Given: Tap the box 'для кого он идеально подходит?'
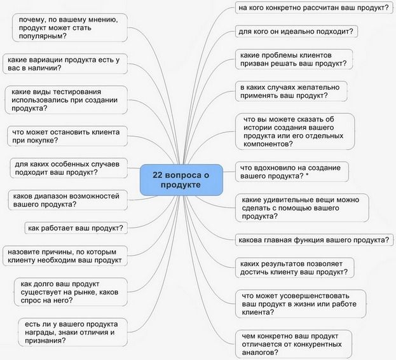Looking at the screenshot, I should [x=296, y=31].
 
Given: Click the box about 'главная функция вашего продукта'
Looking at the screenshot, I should [x=313, y=240].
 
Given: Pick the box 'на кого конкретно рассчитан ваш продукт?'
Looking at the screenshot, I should [x=312, y=8].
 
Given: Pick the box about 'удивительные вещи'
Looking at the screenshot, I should [x=301, y=208].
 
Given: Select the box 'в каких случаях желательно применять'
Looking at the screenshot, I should [x=290, y=91].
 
